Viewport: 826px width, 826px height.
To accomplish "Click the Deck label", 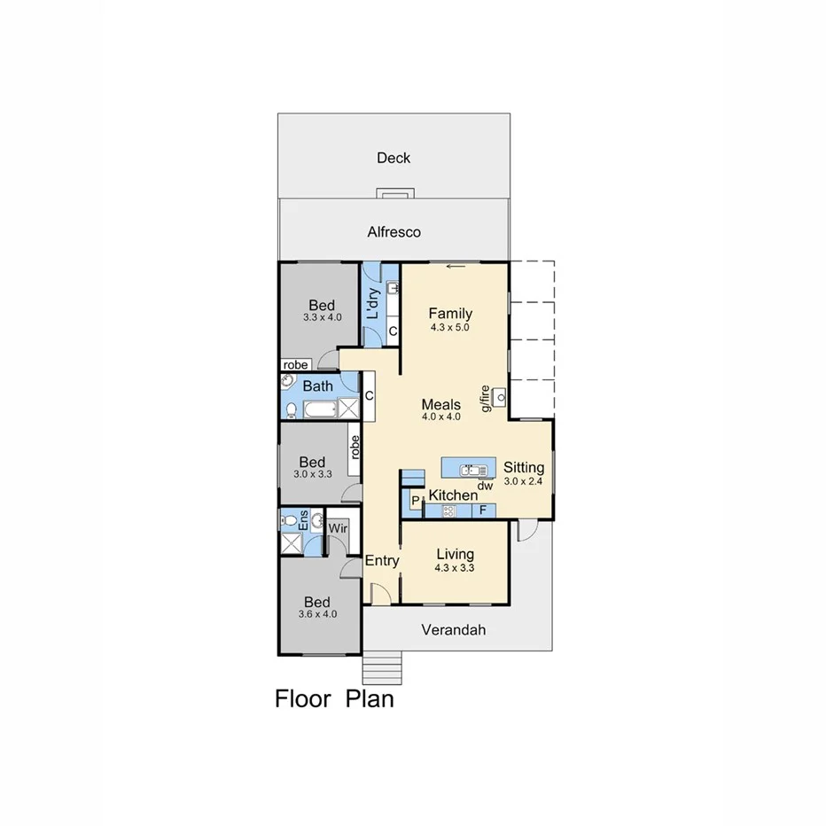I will [x=394, y=158].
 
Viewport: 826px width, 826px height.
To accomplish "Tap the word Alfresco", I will [x=394, y=232].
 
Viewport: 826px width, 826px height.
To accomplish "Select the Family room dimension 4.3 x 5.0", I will [x=449, y=327].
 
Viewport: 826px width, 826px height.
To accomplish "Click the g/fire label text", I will [x=485, y=398].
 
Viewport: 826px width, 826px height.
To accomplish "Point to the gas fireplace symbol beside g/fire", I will [x=500, y=396].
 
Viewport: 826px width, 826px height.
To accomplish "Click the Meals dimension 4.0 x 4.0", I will [x=440, y=417].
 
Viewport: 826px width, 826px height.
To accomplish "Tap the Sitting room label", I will [x=524, y=467].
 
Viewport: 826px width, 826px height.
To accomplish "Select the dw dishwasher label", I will [x=485, y=485].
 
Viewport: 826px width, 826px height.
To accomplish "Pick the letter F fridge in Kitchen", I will [x=483, y=510].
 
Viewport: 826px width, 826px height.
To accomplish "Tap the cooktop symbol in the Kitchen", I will [x=448, y=511].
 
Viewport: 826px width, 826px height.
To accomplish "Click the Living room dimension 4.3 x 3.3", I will [x=454, y=568].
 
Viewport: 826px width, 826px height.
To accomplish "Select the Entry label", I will [x=382, y=560].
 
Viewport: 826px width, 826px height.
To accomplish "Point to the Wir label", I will [x=337, y=528].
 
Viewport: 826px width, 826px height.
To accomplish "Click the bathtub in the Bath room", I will [x=319, y=409].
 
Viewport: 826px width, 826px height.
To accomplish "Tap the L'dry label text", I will [x=374, y=303].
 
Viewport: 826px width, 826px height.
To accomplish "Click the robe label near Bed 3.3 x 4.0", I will [x=295, y=365].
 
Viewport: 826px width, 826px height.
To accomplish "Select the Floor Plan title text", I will [x=334, y=698].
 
